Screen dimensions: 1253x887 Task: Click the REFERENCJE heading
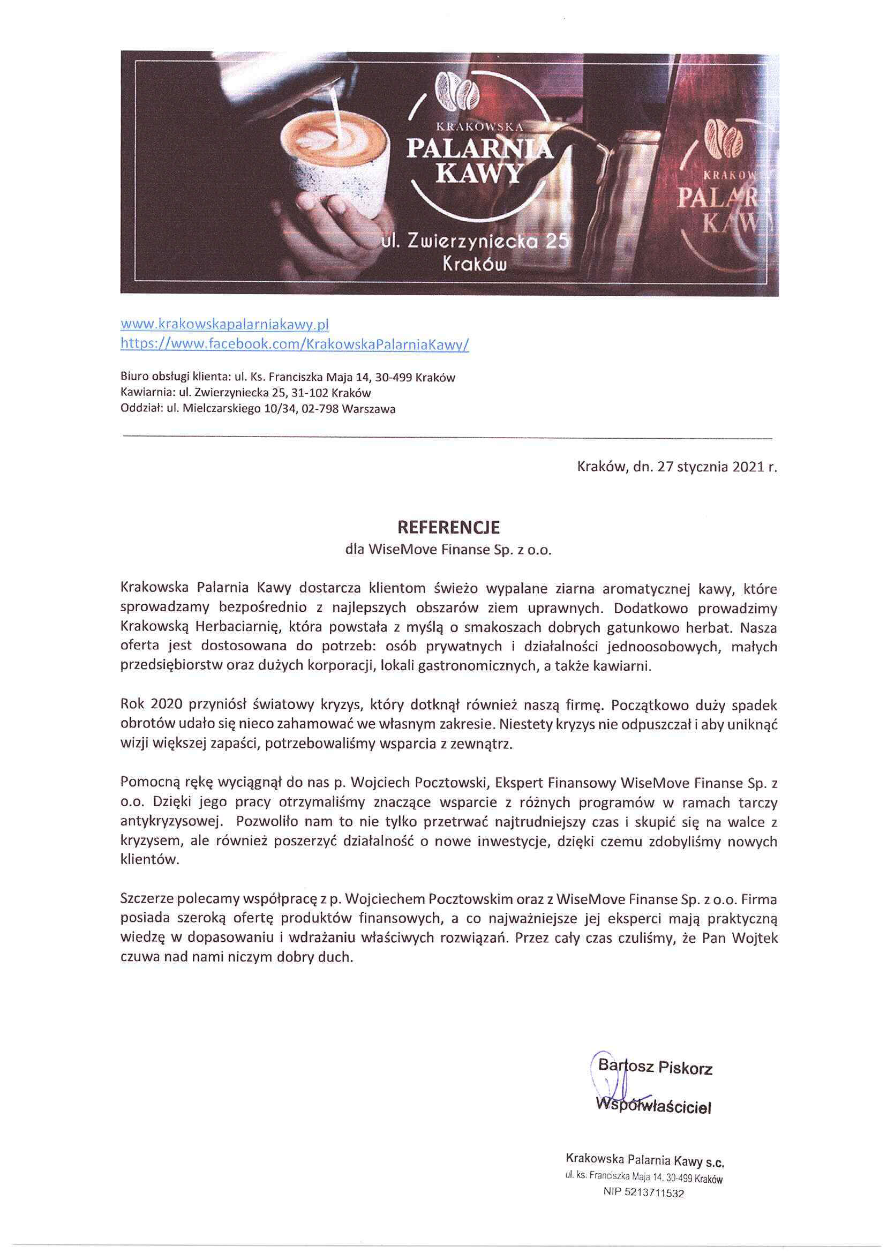tap(448, 528)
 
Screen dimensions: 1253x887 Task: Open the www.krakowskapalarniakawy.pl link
tap(224, 325)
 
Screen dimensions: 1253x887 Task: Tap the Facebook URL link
tap(295, 344)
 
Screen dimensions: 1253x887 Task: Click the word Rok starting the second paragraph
tap(132, 704)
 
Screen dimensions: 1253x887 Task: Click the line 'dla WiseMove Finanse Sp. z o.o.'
tap(448, 550)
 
